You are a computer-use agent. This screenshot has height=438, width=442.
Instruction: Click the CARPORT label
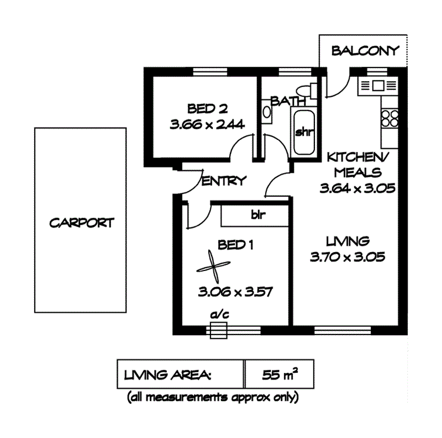(81, 223)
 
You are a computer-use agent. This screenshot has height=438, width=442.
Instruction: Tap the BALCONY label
(365, 51)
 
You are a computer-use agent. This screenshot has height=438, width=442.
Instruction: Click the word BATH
(284, 102)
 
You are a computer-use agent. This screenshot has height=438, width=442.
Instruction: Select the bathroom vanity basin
(267, 112)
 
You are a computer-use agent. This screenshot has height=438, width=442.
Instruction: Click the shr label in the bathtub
(303, 132)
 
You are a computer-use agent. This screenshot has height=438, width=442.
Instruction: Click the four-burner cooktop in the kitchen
(389, 119)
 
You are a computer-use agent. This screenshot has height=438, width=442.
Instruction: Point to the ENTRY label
(223, 181)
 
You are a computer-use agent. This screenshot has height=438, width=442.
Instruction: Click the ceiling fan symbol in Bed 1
(212, 268)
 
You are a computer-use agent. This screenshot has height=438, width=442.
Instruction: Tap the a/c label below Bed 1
(219, 315)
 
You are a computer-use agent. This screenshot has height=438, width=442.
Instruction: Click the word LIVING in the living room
(348, 241)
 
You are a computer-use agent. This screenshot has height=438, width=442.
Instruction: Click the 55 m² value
(279, 374)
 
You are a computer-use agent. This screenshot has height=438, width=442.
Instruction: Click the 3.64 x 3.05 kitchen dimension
(356, 189)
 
